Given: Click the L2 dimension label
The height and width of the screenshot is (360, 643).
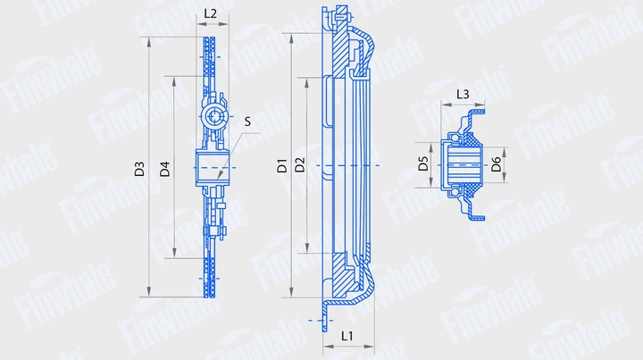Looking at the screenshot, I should coord(211,13).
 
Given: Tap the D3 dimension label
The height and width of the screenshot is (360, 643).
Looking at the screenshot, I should coord(139,168).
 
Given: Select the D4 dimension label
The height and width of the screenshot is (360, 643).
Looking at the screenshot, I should coord(165,168).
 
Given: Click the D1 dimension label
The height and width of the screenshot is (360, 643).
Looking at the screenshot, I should coord(281,165).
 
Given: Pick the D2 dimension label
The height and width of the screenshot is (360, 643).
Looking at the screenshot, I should coord(300,165).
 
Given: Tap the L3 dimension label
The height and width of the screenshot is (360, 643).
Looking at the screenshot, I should coord(463,94).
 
